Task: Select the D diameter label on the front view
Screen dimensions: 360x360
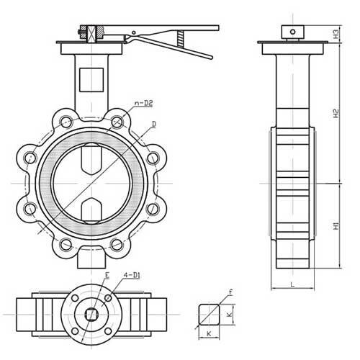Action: pyautogui.click(x=154, y=124)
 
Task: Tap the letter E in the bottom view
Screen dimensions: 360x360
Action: pyautogui.click(x=107, y=274)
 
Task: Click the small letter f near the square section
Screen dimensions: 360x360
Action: pyautogui.click(x=230, y=292)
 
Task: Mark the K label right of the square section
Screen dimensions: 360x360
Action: pyautogui.click(x=230, y=315)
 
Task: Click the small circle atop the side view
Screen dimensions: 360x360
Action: pyautogui.click(x=292, y=31)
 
